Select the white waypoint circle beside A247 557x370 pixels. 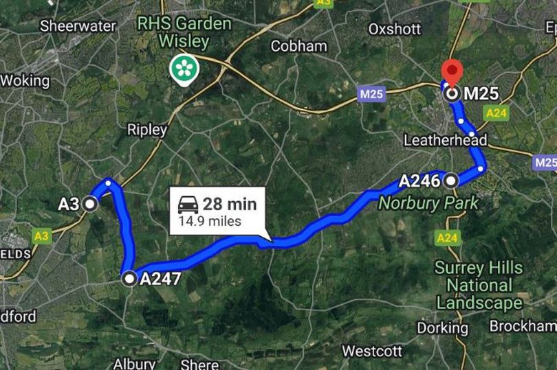tap(129, 279)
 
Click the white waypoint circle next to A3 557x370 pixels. tap(89, 204)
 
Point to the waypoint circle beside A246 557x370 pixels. tap(451, 181)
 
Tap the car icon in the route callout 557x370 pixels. tap(188, 204)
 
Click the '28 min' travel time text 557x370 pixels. tap(230, 204)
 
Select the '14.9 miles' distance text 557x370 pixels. tap(210, 221)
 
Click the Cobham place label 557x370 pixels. tap(298, 47)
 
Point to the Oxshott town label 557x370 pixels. tap(394, 30)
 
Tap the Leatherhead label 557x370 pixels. tap(445, 140)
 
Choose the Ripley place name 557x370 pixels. tap(147, 130)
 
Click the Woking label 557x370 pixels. tap(25, 80)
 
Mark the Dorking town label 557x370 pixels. tap(442, 327)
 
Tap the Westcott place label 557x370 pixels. tap(371, 351)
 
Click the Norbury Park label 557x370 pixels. tap(428, 203)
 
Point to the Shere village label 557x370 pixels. tap(199, 364)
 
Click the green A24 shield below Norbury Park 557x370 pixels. tap(446, 238)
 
